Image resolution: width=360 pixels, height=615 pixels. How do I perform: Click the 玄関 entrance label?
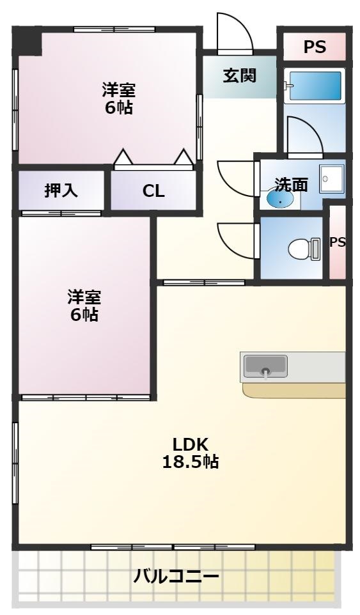coord(240,75)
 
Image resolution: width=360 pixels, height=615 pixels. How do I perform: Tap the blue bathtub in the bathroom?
coord(314,85)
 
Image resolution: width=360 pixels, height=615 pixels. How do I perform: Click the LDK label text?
coord(190,444)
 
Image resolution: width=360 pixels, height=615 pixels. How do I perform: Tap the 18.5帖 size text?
coord(190,462)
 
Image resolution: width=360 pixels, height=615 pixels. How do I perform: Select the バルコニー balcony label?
coord(176,577)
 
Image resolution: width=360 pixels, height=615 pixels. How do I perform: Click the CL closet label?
coord(153,191)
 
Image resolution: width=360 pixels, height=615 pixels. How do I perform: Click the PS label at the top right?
coord(314,47)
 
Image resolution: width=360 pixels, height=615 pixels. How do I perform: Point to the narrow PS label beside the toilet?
coord(337,242)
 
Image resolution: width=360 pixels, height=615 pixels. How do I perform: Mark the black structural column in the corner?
coord(27,42)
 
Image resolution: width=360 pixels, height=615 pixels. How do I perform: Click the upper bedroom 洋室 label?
coord(119,90)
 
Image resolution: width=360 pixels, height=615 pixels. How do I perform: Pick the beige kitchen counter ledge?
coord(293,391)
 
